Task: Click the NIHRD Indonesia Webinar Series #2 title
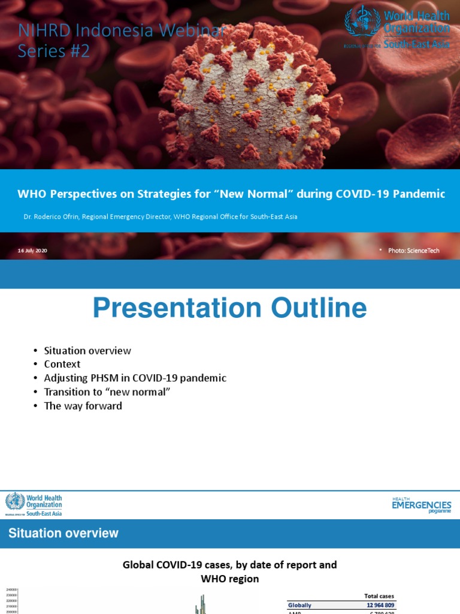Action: pos(120,41)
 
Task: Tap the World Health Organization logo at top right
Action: pos(397,28)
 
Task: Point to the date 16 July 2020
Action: pos(32,250)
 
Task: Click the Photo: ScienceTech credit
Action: pos(413,250)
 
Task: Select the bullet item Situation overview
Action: pos(87,351)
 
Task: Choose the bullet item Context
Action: pos(62,364)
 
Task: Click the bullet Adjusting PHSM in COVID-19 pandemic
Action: pos(135,378)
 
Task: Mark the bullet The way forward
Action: pos(83,406)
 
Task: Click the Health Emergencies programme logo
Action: pos(421,505)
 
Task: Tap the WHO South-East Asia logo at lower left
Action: pos(34,504)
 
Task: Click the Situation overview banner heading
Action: pos(63,533)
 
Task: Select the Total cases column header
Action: pos(379,596)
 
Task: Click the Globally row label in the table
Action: pos(300,606)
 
